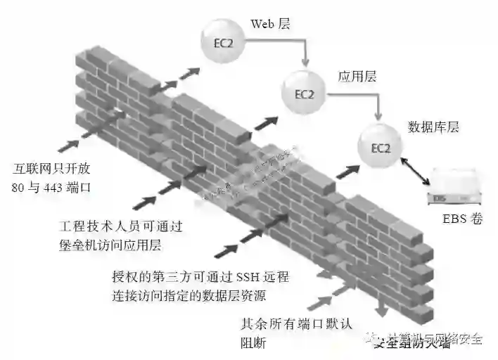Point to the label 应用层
[355, 75]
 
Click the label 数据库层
[433, 127]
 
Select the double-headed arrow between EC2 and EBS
[415, 171]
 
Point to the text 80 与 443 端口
[52, 188]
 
